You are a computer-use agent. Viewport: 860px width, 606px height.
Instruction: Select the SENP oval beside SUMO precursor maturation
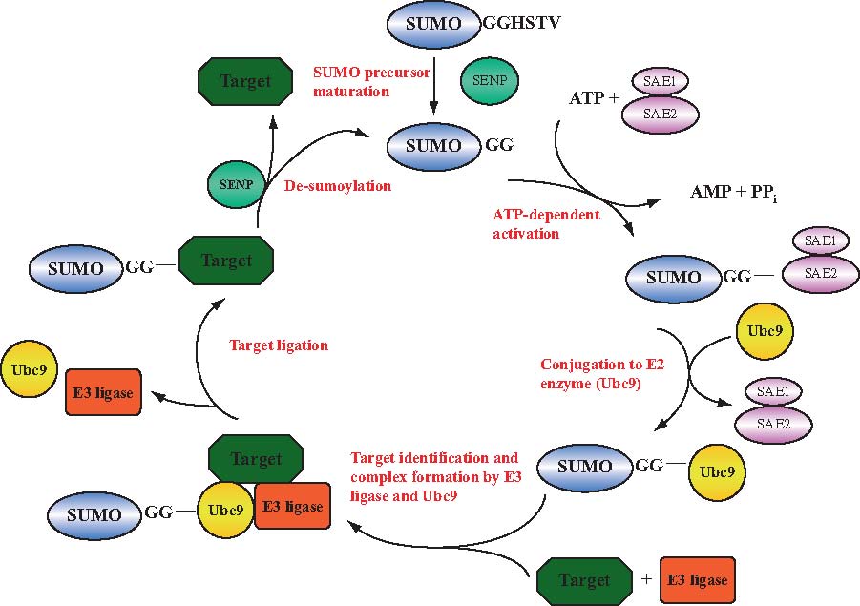click(x=490, y=82)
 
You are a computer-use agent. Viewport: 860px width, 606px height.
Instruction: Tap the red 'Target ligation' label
click(x=279, y=345)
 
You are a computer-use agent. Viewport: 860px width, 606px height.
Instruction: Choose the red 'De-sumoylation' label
click(x=338, y=186)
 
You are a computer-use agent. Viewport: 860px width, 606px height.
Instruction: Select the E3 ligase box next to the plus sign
click(x=697, y=580)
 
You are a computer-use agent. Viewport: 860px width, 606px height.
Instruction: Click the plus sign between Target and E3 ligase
click(x=646, y=580)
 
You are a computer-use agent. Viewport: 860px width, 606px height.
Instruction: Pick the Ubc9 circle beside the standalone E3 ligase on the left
click(x=31, y=367)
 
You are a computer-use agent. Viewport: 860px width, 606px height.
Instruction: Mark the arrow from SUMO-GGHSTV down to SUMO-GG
click(x=434, y=80)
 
